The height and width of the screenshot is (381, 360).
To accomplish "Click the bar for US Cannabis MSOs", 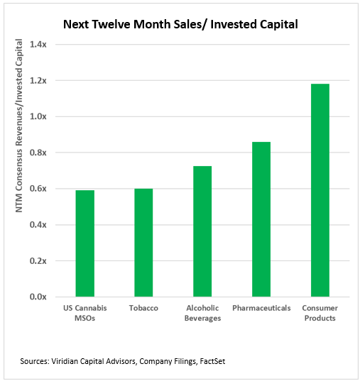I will pyautogui.click(x=84, y=243).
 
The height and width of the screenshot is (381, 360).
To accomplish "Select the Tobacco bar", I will pyautogui.click(x=143, y=243).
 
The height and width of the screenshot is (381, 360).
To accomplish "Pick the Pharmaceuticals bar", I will pyautogui.click(x=261, y=219).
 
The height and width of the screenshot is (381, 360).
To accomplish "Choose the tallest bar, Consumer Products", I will pyautogui.click(x=320, y=190).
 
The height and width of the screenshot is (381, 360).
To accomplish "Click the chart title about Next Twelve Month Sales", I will pyautogui.click(x=180, y=24).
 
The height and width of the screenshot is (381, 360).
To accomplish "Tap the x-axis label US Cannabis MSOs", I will pyautogui.click(x=84, y=313).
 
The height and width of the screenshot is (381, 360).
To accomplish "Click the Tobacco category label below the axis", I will pyautogui.click(x=143, y=309).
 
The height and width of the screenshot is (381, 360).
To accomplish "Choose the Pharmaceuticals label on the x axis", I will pyautogui.click(x=261, y=309).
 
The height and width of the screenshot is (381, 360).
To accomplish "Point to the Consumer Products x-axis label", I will pyautogui.click(x=320, y=313).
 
